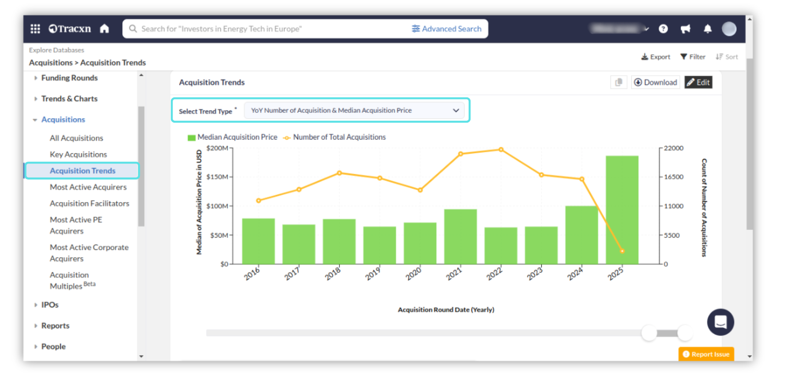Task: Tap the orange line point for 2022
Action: click(501, 150)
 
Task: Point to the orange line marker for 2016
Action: click(258, 200)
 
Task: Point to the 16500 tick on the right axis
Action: click(673, 177)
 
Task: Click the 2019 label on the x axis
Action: click(372, 274)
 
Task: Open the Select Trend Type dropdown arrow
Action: click(456, 110)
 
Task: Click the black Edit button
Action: click(698, 82)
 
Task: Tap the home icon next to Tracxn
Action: click(105, 29)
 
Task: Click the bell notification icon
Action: click(707, 29)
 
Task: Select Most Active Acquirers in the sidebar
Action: click(88, 187)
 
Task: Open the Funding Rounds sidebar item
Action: click(69, 78)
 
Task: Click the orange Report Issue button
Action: click(706, 354)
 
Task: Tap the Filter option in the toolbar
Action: click(693, 57)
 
